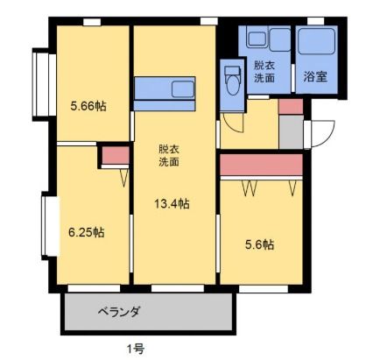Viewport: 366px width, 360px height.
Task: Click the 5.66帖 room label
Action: click(x=88, y=106)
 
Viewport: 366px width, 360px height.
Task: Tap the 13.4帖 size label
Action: click(x=172, y=203)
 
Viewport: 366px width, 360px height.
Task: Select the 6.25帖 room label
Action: click(x=87, y=232)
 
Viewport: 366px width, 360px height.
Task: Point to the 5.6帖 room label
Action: click(x=259, y=244)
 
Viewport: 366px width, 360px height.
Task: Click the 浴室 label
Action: click(x=315, y=76)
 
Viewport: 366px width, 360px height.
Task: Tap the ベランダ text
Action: click(x=119, y=312)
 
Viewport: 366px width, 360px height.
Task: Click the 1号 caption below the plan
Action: click(x=136, y=349)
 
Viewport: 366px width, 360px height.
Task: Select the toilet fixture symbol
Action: click(x=233, y=80)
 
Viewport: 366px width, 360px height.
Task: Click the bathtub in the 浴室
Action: click(x=316, y=41)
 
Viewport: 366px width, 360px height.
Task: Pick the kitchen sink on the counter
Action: click(x=183, y=89)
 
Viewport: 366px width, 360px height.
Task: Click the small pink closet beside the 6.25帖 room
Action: click(x=116, y=155)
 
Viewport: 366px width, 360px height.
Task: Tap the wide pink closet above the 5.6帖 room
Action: click(x=261, y=165)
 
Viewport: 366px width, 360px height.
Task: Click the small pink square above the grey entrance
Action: click(x=291, y=106)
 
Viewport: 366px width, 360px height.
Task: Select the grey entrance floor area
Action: click(x=292, y=132)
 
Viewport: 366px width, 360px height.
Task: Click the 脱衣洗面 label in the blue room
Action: click(x=264, y=71)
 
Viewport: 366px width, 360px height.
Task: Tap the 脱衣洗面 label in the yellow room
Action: click(x=169, y=155)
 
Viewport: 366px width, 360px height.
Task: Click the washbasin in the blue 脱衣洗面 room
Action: click(x=256, y=39)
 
